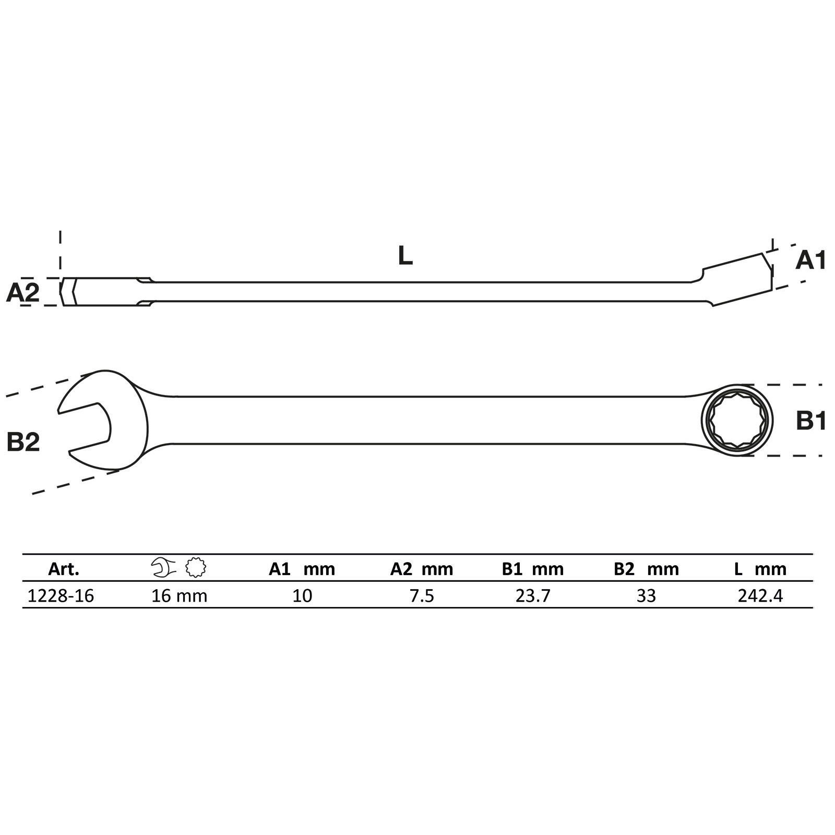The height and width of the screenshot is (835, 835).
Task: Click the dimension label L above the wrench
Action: coord(405,256)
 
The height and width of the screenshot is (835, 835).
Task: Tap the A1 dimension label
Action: coord(810,260)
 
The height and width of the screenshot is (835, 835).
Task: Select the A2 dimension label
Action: coord(22,293)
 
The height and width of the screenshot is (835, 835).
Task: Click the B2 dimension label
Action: coord(23,442)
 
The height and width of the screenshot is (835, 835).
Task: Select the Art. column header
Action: coord(64,569)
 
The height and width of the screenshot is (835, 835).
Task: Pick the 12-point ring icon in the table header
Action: coord(196,568)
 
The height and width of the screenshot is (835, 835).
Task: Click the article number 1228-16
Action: coord(61,595)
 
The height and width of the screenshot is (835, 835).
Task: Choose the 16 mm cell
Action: coord(179,595)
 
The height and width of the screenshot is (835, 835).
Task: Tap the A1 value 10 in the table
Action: coord(302,595)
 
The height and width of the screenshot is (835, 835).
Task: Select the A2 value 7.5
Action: coord(422,595)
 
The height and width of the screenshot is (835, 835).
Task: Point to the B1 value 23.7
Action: coord(533,595)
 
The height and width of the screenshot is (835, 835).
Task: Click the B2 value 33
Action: coord(646,595)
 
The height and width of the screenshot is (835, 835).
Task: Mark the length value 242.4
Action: coord(760,595)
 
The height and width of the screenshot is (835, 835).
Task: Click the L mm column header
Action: coord(760,569)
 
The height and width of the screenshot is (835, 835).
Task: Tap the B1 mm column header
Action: coord(533,569)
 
